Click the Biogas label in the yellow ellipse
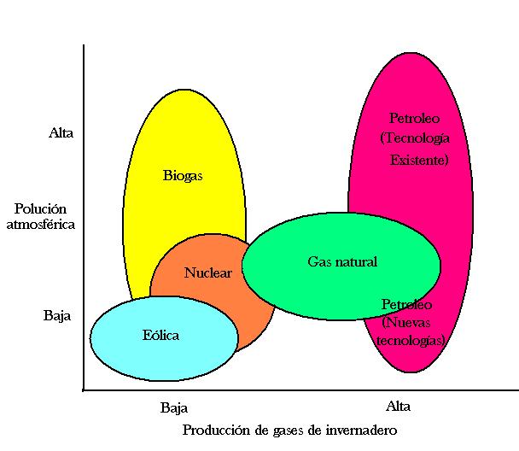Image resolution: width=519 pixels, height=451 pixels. [183, 176]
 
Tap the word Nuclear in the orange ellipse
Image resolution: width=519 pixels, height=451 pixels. [208, 272]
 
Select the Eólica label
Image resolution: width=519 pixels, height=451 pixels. [160, 335]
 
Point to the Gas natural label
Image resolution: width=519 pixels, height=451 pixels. [342, 261]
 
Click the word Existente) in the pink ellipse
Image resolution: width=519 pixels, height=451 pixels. [419, 161]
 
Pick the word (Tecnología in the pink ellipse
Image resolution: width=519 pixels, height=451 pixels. [415, 138]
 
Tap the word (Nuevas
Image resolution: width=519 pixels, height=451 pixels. [405, 323]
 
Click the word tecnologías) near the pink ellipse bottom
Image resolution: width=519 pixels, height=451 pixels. [411, 341]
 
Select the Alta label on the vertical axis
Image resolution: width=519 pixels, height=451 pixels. [61, 132]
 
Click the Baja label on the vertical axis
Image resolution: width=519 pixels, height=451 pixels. [57, 315]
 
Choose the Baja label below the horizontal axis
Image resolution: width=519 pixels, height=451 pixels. [174, 407]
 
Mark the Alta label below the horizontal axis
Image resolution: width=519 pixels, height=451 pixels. [398, 406]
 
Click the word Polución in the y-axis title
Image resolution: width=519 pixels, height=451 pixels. [40, 208]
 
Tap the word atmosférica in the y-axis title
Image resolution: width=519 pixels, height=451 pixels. [41, 225]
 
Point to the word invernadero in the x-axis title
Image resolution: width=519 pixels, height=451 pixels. [361, 430]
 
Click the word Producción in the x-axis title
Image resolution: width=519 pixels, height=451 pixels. [217, 430]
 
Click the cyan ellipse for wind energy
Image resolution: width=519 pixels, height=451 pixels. [164, 338]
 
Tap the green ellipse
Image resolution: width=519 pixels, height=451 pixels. [341, 266]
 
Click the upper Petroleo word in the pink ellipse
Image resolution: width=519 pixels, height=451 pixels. [414, 118]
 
